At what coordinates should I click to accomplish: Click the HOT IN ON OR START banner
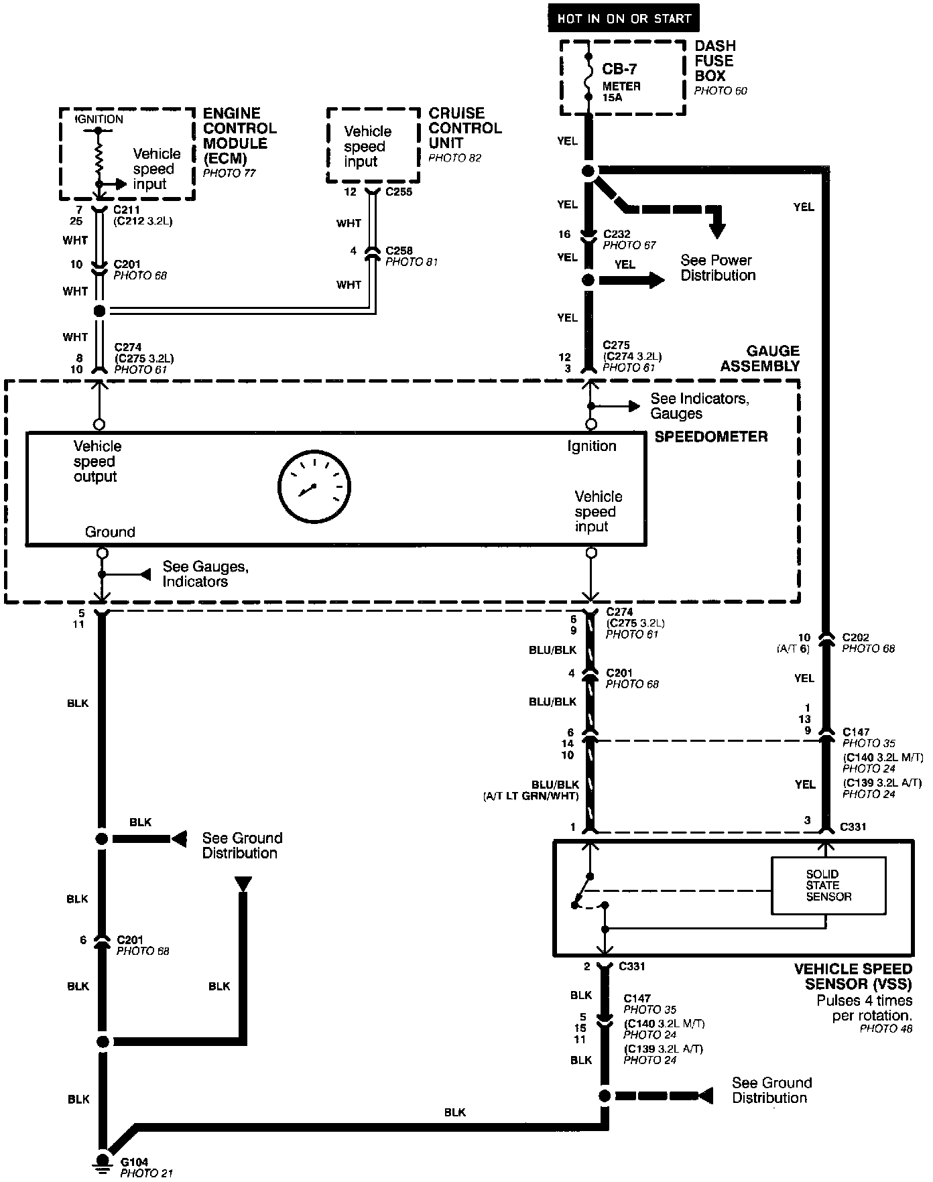pos(623,18)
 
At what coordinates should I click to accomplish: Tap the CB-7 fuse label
pos(619,69)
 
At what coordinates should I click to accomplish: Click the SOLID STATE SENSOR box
pos(828,885)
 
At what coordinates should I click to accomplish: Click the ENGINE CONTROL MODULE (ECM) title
pos(239,135)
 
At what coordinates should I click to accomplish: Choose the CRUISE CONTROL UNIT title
pos(464,128)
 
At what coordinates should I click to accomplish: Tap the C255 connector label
pos(399,192)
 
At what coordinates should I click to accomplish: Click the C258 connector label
pos(399,251)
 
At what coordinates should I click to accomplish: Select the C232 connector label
pos(617,234)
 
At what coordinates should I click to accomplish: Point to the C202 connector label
pos(856,637)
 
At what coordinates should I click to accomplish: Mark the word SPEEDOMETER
pos(711,437)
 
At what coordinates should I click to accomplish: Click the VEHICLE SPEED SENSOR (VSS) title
pos(853,976)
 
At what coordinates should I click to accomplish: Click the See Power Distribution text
pos(717,267)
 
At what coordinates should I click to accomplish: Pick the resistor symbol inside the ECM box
pos(99,160)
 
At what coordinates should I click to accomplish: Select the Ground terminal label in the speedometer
pos(110,532)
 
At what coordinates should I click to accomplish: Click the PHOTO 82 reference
pos(454,158)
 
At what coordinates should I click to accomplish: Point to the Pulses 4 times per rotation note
pos(864,1008)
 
